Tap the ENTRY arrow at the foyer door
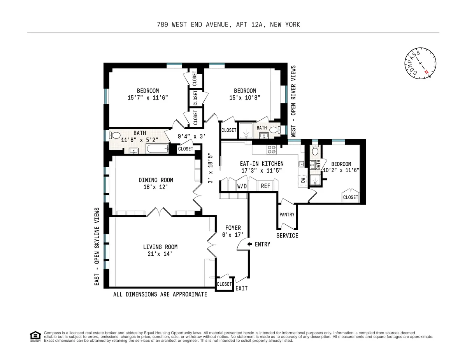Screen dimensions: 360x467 point(249,245)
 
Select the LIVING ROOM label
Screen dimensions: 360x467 point(160,247)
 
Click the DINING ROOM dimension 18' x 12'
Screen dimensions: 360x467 point(156,187)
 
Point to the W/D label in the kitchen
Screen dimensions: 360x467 point(242,186)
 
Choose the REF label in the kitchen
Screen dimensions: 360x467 point(265,186)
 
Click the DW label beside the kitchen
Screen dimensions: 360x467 point(303,180)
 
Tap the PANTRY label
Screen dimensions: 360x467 point(287,215)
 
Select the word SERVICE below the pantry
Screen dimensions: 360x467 point(287,236)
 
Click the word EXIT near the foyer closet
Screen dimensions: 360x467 point(241,288)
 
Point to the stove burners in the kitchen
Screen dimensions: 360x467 point(271,149)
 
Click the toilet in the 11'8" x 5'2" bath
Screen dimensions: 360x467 point(115,135)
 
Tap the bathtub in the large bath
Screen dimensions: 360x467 point(157,149)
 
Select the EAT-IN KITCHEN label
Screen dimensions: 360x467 point(262,164)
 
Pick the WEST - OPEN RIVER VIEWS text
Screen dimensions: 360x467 point(294,100)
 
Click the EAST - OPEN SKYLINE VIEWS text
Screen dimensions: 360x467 point(97,247)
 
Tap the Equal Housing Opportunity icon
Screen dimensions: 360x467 point(35,336)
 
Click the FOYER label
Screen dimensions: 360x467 point(233,228)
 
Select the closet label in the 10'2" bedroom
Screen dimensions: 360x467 point(350,197)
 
